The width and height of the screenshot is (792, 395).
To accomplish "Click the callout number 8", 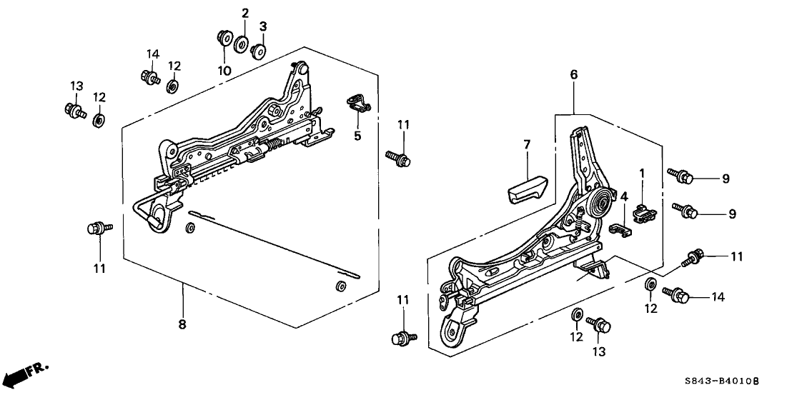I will [x=182, y=324].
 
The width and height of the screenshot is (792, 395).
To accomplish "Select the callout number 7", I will [x=527, y=145].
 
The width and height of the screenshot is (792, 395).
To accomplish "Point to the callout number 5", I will [x=357, y=135].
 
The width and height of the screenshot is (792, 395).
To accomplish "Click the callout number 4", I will [x=623, y=196].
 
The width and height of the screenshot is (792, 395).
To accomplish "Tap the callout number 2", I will [x=244, y=13].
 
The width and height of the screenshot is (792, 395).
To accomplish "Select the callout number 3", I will [x=262, y=26].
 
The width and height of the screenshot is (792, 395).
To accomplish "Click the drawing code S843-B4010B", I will [x=741, y=382].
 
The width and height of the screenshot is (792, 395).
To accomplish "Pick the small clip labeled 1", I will [x=643, y=213].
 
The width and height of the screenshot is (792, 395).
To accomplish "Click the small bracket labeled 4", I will [x=621, y=229].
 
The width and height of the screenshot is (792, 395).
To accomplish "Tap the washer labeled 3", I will [x=259, y=51].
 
